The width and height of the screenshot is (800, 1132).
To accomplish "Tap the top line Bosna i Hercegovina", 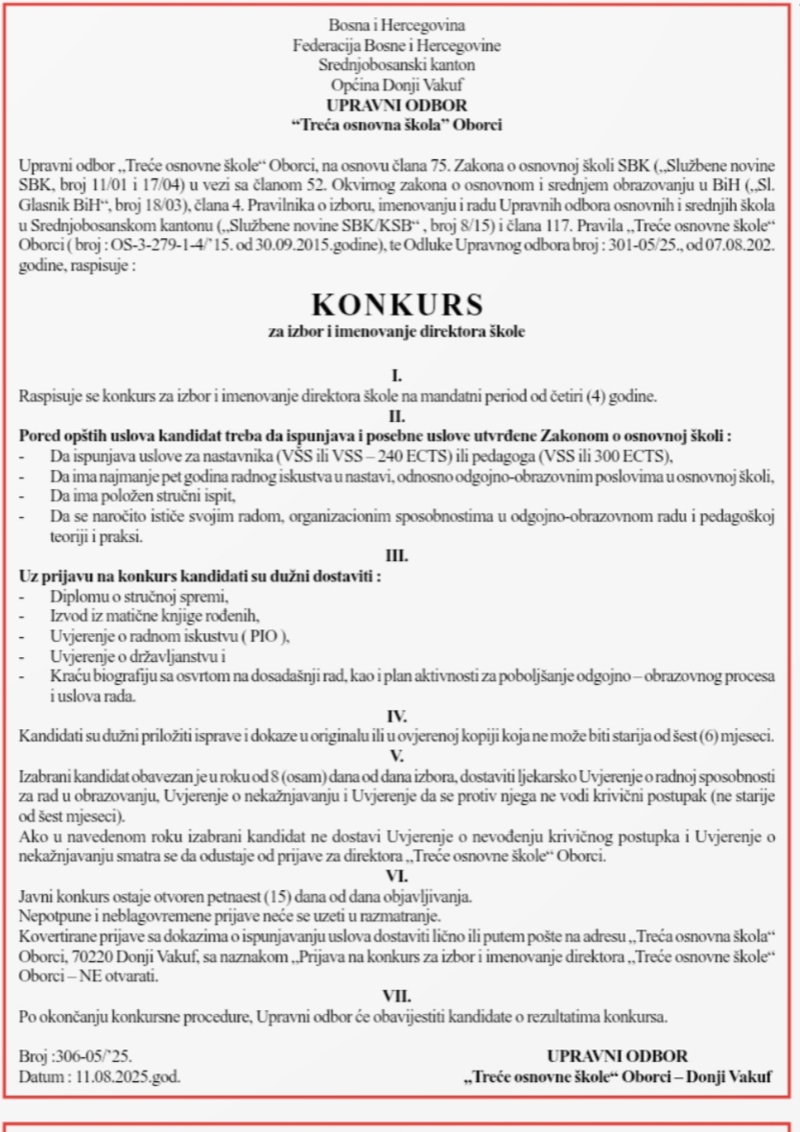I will click(x=397, y=25).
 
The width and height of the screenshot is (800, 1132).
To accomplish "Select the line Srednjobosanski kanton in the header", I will click(x=397, y=65).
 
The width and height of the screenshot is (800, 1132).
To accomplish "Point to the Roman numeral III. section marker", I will click(x=397, y=556).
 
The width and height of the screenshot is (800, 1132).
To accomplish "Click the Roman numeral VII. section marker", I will click(x=397, y=996).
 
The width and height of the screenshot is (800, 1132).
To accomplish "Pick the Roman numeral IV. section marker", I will click(x=397, y=716).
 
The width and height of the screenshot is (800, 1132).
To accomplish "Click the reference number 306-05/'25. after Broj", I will click(x=97, y=1057).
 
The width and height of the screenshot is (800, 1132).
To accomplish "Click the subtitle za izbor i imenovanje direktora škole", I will click(x=397, y=332).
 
